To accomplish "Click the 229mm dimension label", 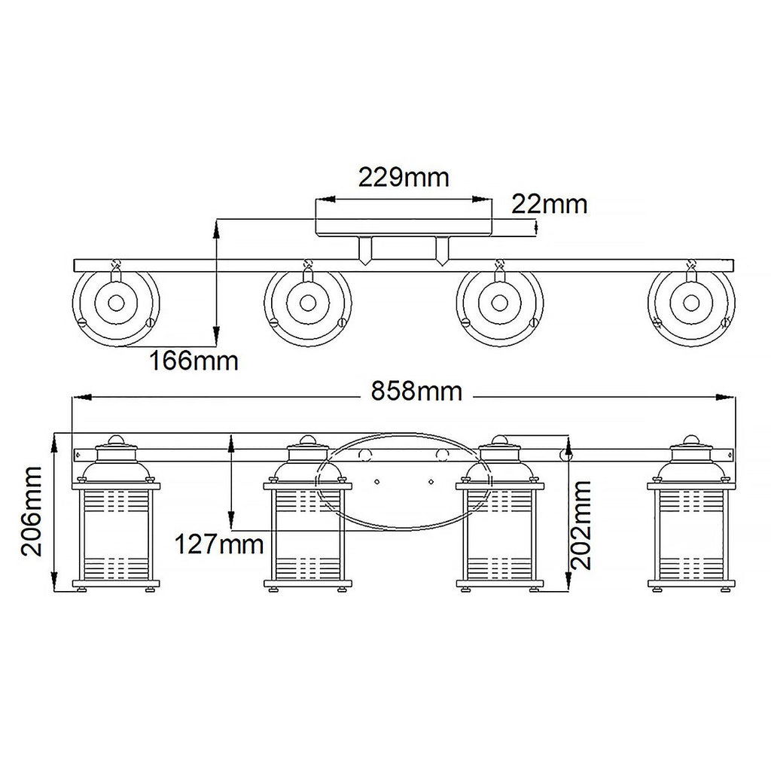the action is click(x=404, y=177).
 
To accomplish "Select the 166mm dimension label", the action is click(x=194, y=361).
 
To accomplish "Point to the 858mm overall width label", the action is click(x=416, y=392).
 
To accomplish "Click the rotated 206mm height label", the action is click(x=32, y=511).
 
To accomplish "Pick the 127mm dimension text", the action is click(x=219, y=544).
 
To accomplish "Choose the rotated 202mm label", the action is click(x=582, y=525).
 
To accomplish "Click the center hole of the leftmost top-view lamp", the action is click(x=116, y=303).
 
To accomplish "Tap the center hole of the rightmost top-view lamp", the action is click(x=691, y=303).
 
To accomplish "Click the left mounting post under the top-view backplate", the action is click(x=365, y=251).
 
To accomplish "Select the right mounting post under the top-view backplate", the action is click(x=441, y=251).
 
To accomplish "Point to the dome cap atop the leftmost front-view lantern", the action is click(x=116, y=440).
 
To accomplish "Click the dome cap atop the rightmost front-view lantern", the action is click(x=691, y=440).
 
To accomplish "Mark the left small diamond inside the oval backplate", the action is click(x=376, y=481).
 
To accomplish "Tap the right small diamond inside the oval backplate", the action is click(x=431, y=481).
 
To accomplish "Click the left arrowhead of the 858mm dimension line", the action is click(x=82, y=397).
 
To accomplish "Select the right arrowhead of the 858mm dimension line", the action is click(x=726, y=397).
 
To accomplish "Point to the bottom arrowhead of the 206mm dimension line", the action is click(x=55, y=582).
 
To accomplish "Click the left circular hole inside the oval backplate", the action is click(x=365, y=455).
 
